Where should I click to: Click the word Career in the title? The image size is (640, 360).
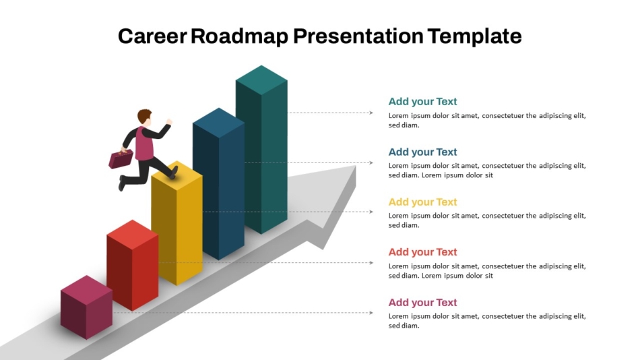pos(152,36)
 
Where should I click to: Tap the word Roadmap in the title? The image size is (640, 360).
pos(240,36)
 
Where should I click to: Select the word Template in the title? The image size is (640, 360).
pos(475,36)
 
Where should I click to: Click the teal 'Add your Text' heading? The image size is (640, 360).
pos(422,101)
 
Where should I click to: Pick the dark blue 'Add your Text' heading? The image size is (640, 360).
pos(422,152)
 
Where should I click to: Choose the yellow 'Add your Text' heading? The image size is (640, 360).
pos(422,202)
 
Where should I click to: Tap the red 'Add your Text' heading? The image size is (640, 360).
pos(422,252)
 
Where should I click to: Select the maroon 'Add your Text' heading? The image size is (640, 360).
pos(422,303)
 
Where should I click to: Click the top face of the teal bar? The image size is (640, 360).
pos(261,80)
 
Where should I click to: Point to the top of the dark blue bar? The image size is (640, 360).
pos(219,123)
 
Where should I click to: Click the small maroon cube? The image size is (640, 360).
pos(86,307)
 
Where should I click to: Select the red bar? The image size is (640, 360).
pos(133,265)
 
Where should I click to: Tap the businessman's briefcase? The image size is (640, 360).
pos(121,159)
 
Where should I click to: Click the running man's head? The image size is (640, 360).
pos(144,117)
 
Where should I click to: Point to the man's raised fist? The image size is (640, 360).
pos(169,122)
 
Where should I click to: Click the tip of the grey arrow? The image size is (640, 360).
pos(356,166)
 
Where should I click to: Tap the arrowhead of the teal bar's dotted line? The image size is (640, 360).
pos(371,113)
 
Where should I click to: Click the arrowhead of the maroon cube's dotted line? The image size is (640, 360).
pos(371,313)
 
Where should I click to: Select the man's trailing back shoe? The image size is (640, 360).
pos(122,183)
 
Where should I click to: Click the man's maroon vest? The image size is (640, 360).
pos(144,144)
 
